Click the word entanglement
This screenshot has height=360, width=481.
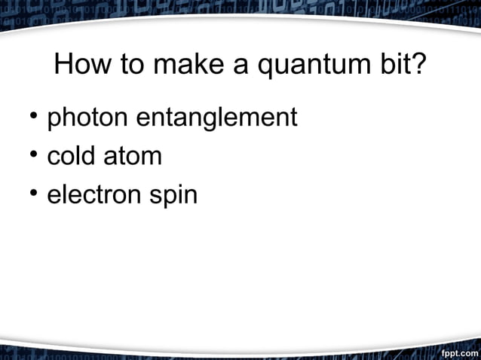pyautogui.click(x=216, y=119)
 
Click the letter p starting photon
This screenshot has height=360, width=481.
pyautogui.click(x=54, y=121)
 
